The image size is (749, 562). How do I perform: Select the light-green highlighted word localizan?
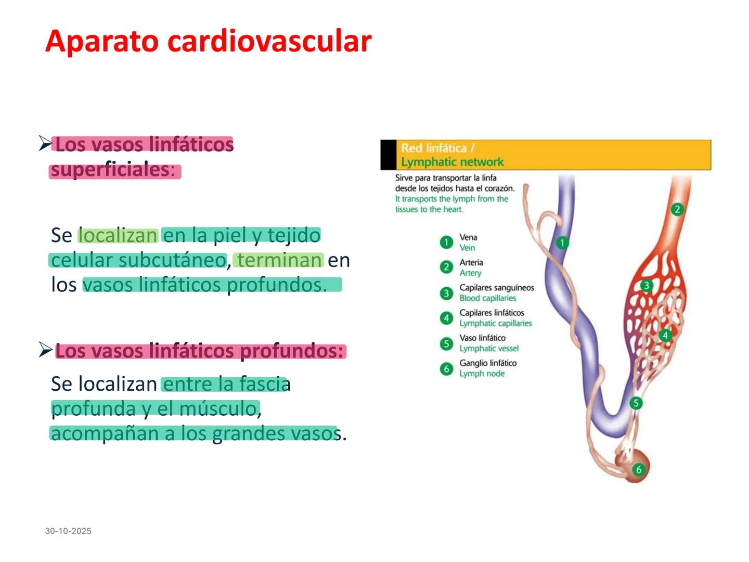(x=118, y=235)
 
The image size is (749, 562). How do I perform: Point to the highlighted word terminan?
(x=279, y=260)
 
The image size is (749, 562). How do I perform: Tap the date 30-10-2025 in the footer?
(x=68, y=531)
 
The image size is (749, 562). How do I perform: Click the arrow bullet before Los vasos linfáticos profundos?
(x=45, y=350)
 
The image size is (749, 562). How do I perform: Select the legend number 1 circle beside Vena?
(x=446, y=242)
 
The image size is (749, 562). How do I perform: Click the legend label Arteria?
(x=471, y=262)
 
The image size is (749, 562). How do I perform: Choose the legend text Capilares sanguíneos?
(x=497, y=287)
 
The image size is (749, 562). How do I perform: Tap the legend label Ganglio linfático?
(x=488, y=363)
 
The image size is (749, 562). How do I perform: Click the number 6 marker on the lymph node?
(x=639, y=469)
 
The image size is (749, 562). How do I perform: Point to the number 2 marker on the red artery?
(x=677, y=209)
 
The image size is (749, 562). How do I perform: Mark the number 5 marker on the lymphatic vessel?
(x=636, y=403)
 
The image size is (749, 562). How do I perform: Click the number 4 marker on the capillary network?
(x=665, y=335)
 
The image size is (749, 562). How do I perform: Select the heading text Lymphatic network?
(x=452, y=162)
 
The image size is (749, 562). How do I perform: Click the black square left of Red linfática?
(x=388, y=155)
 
